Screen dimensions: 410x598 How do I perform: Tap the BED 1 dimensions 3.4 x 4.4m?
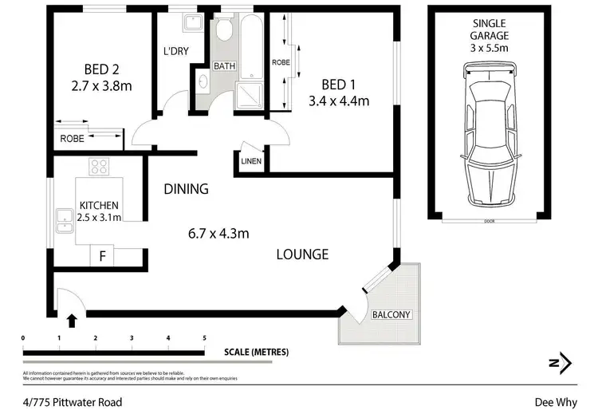pos(340,101)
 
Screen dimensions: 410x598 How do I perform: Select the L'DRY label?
pos(175,50)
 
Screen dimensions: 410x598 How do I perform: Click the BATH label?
pos(223,66)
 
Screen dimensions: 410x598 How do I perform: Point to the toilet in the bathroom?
pos(223,30)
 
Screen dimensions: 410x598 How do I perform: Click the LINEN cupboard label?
pos(252,162)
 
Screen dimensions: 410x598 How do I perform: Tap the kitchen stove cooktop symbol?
pos(99,167)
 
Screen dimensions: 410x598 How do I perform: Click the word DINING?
pos(186,189)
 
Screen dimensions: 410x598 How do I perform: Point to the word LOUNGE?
pos(302,254)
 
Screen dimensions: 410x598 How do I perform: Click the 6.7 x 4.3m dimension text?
pos(218,234)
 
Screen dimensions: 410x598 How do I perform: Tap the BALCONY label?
pos(391,314)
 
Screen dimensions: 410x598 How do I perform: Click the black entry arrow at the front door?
pos(73,321)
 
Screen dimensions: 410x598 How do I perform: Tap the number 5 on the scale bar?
pos(204,338)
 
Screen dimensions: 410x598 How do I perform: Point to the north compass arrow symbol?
pos(565,363)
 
